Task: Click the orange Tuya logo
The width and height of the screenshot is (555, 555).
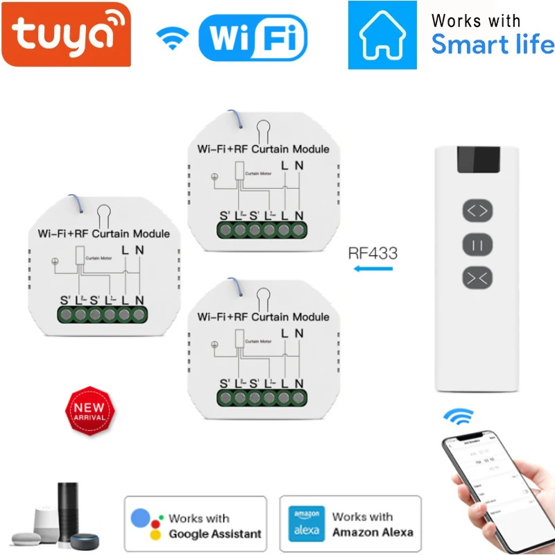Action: pos(65,33)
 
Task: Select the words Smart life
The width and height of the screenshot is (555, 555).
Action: pos(493,45)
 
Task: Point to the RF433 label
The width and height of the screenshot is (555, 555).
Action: pos(373,253)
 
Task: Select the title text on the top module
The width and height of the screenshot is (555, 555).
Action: pos(264,148)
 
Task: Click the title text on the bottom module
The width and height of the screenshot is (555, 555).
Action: pos(264,316)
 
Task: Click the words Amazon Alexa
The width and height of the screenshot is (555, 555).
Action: pos(373,532)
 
